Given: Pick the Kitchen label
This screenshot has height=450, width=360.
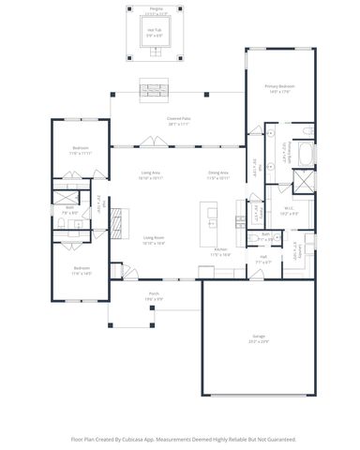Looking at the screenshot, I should pos(220,250).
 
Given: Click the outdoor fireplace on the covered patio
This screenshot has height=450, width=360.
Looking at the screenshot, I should pos(153,90).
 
